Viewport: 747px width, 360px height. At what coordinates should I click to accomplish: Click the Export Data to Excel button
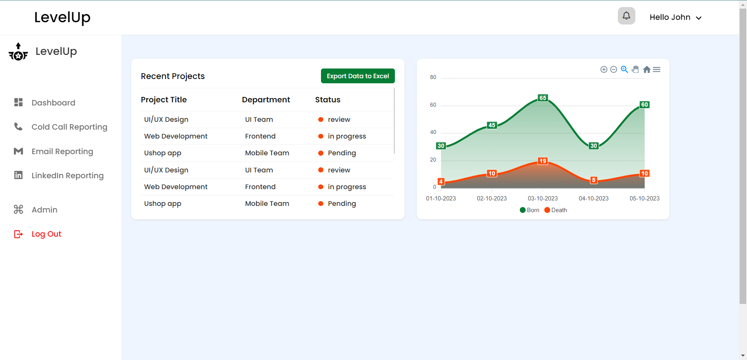point(358,76)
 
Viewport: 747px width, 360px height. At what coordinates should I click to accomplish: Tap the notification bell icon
point(626,16)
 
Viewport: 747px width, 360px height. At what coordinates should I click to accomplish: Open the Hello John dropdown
point(675,18)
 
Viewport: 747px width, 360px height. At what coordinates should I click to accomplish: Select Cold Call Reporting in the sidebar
point(69,127)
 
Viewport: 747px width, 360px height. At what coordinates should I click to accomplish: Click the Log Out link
point(46,234)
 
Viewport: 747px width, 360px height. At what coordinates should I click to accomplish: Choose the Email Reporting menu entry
point(62,151)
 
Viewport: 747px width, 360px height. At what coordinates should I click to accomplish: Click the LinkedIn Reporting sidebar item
point(67,176)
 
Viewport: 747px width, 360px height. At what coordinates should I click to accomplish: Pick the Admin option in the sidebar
point(44,210)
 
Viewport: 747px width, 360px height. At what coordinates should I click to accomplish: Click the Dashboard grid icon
point(18,102)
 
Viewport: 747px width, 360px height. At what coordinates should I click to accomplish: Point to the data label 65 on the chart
point(543,98)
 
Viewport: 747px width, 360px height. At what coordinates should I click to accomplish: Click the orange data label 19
point(543,161)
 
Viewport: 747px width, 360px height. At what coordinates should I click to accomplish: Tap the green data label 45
point(492,125)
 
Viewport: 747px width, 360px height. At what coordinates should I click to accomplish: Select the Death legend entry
point(556,210)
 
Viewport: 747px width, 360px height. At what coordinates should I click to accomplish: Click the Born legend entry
point(530,210)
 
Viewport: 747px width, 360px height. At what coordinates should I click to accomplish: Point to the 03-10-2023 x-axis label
point(542,198)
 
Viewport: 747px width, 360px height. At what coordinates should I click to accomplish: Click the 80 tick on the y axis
point(433,77)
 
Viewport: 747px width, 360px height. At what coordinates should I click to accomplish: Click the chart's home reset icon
point(647,70)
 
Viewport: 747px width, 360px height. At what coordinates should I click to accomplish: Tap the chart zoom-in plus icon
point(604,70)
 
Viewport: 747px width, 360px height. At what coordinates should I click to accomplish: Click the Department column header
point(266,100)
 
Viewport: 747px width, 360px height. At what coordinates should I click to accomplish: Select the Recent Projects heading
point(173,76)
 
